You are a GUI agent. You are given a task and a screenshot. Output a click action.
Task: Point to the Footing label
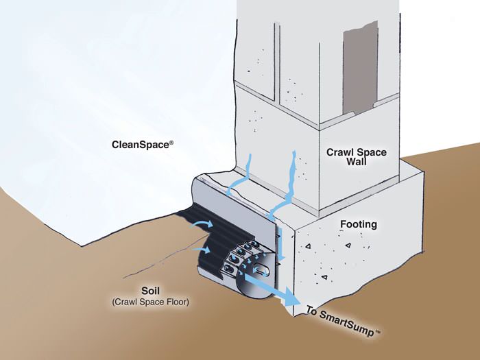(359, 224)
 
